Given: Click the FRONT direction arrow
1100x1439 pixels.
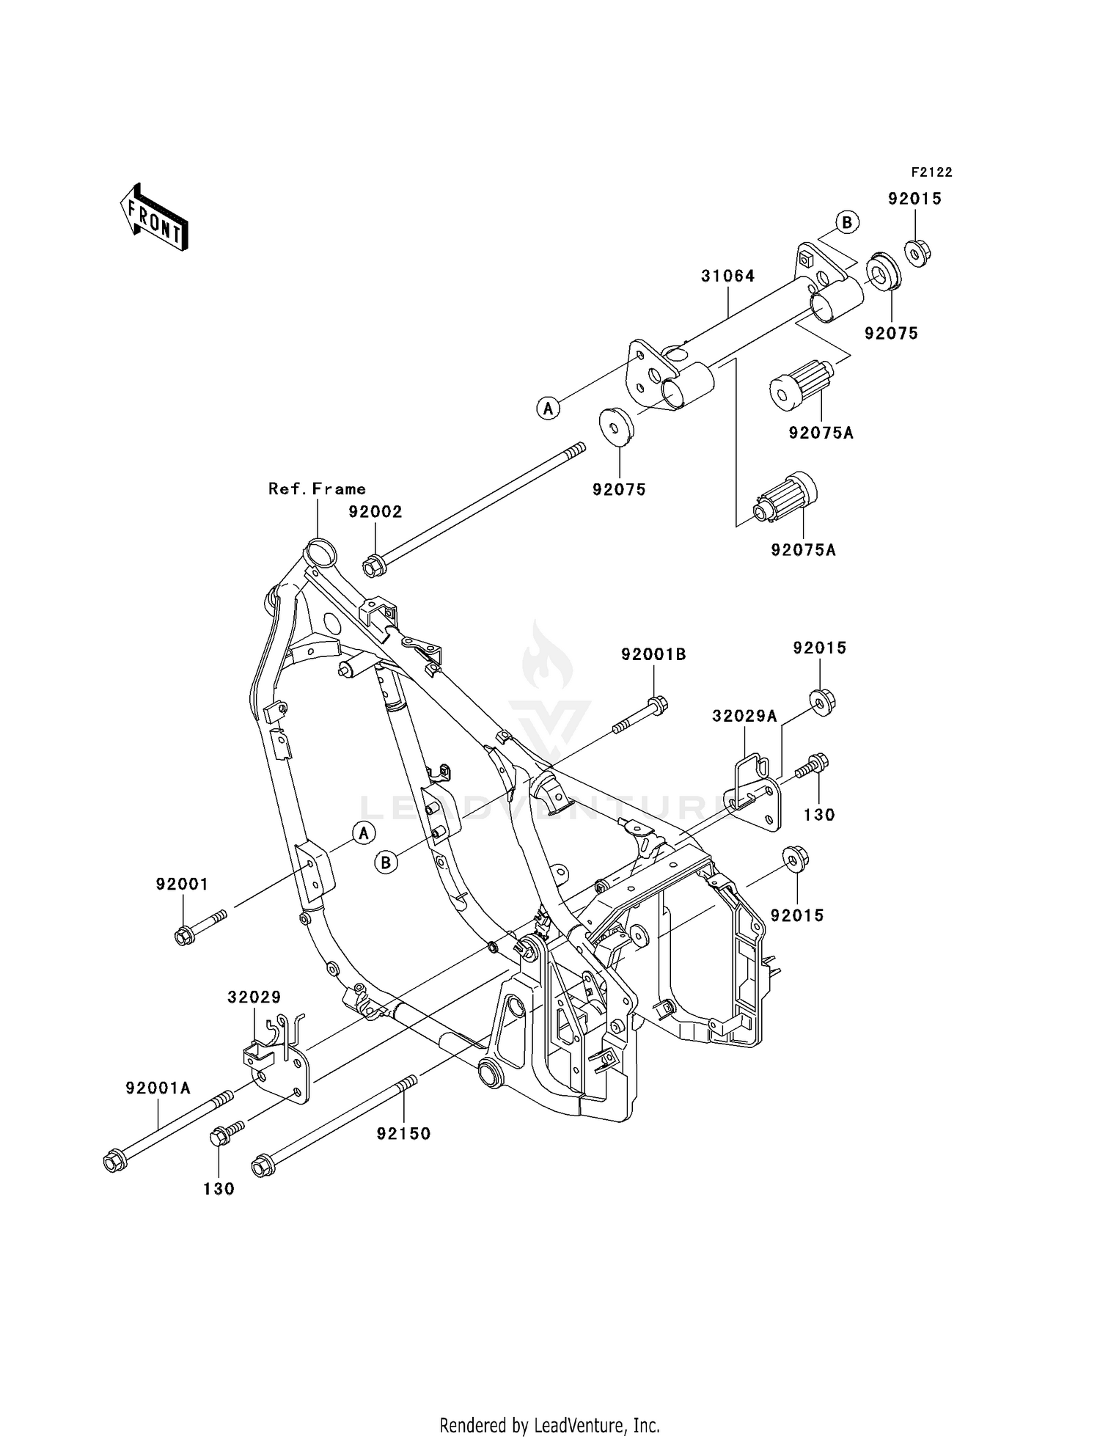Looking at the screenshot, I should click(155, 219).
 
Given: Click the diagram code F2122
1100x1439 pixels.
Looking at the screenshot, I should click(931, 172).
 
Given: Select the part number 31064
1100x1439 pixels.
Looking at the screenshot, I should click(727, 276).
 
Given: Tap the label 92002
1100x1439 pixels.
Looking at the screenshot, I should click(375, 512).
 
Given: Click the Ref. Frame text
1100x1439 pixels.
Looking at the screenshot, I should click(317, 488).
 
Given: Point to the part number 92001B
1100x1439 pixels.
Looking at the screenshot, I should click(653, 654).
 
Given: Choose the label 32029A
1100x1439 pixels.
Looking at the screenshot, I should click(744, 716).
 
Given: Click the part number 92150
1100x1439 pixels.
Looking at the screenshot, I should click(403, 1133).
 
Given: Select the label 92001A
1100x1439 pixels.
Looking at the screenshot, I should click(158, 1088).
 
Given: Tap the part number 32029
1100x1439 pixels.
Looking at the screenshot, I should click(254, 997).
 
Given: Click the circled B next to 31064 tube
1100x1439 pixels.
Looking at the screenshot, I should click(847, 222).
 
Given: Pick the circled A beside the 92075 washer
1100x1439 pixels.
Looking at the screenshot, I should click(548, 408).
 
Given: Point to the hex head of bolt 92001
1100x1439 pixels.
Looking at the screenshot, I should click(184, 936).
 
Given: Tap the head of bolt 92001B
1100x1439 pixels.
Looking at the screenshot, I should click(658, 705).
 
